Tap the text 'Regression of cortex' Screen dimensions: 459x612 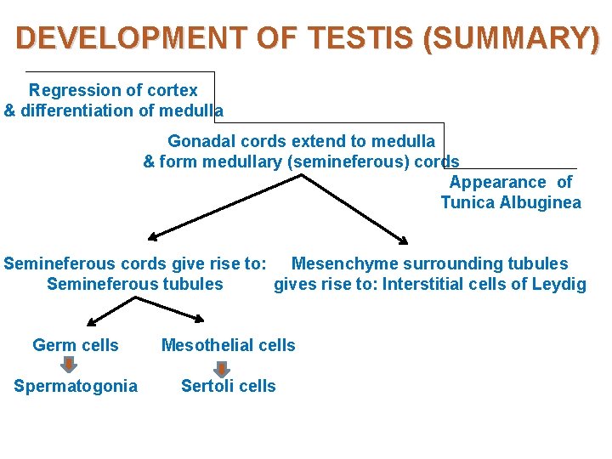[x=113, y=90]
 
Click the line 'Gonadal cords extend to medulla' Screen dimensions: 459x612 [x=301, y=141]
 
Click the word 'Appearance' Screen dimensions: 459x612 [x=498, y=182]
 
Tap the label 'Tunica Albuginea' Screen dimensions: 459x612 [x=511, y=202]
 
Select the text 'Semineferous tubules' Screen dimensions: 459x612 [x=135, y=284]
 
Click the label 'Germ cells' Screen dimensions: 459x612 [x=76, y=345]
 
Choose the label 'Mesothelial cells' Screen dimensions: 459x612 [x=229, y=345]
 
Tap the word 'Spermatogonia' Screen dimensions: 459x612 [x=76, y=386]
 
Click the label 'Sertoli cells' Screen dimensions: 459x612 [x=229, y=386]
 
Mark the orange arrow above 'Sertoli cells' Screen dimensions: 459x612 [x=222, y=367]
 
